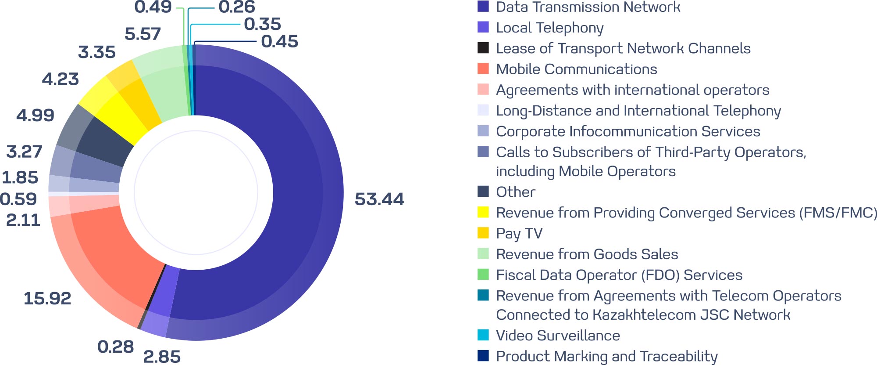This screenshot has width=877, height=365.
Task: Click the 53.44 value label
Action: click(379, 199)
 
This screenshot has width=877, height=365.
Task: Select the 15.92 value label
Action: click(47, 298)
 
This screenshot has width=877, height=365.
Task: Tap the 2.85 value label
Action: click(162, 356)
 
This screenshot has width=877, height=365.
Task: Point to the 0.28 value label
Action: click(115, 347)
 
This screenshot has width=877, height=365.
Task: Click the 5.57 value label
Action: click(143, 34)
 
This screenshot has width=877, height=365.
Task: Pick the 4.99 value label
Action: click(35, 115)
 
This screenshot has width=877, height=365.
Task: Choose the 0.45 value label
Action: click(279, 41)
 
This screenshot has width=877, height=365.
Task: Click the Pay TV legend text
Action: click(519, 233)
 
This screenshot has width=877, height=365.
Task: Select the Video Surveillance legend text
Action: click(558, 336)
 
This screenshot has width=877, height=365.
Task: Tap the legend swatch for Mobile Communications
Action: click(483, 69)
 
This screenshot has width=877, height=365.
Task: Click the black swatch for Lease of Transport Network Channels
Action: click(483, 48)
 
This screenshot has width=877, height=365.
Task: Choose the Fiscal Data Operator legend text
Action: click(619, 275)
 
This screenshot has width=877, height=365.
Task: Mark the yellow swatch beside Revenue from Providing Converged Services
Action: click(483, 212)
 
